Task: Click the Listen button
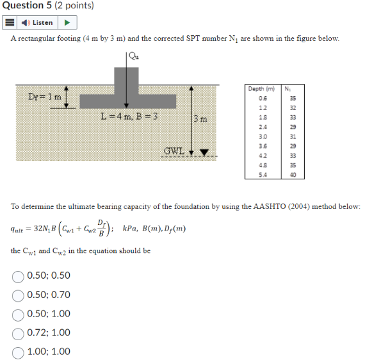click(38, 22)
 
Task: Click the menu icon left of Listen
click(10, 22)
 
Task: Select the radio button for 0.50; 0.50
click(18, 277)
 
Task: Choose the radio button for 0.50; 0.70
click(18, 295)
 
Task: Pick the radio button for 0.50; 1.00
click(18, 314)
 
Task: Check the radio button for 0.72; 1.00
click(18, 332)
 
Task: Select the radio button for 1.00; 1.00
click(18, 351)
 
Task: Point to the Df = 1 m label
click(45, 97)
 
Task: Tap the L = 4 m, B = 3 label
click(130, 118)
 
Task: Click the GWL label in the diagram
click(174, 152)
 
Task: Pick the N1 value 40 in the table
click(293, 174)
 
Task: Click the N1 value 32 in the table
click(293, 108)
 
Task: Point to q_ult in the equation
click(20, 228)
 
